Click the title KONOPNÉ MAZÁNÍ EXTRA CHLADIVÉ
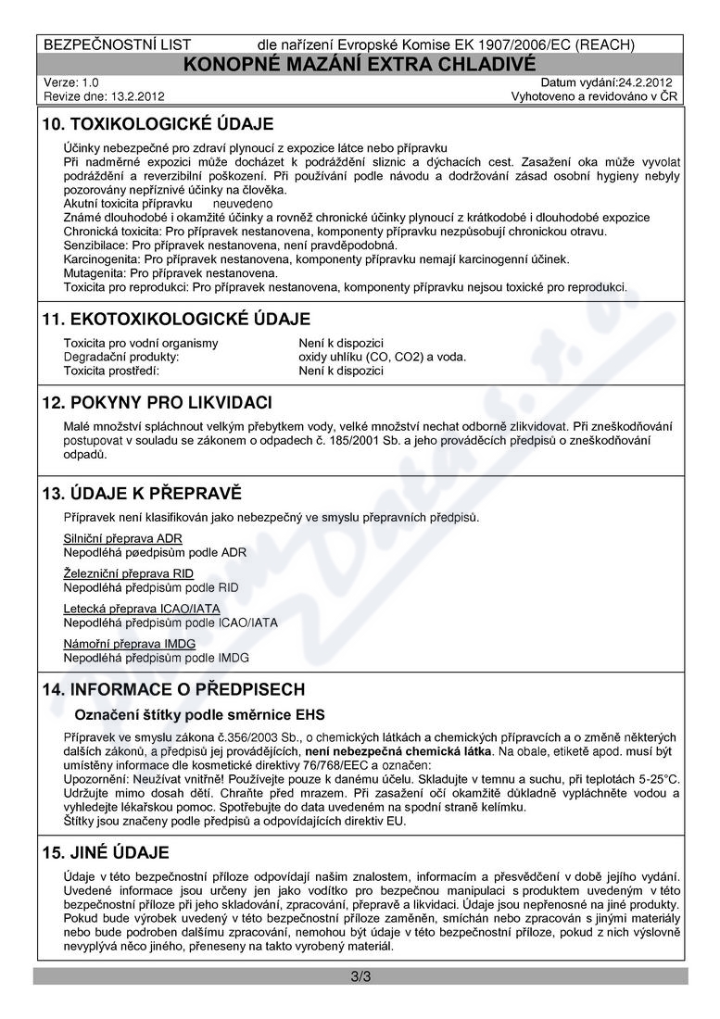pos(360,64)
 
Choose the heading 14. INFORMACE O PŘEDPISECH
pos(173,690)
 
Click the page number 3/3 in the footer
pos(360,976)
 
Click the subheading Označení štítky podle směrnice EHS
pos(200,714)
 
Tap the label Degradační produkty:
pos(120,357)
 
